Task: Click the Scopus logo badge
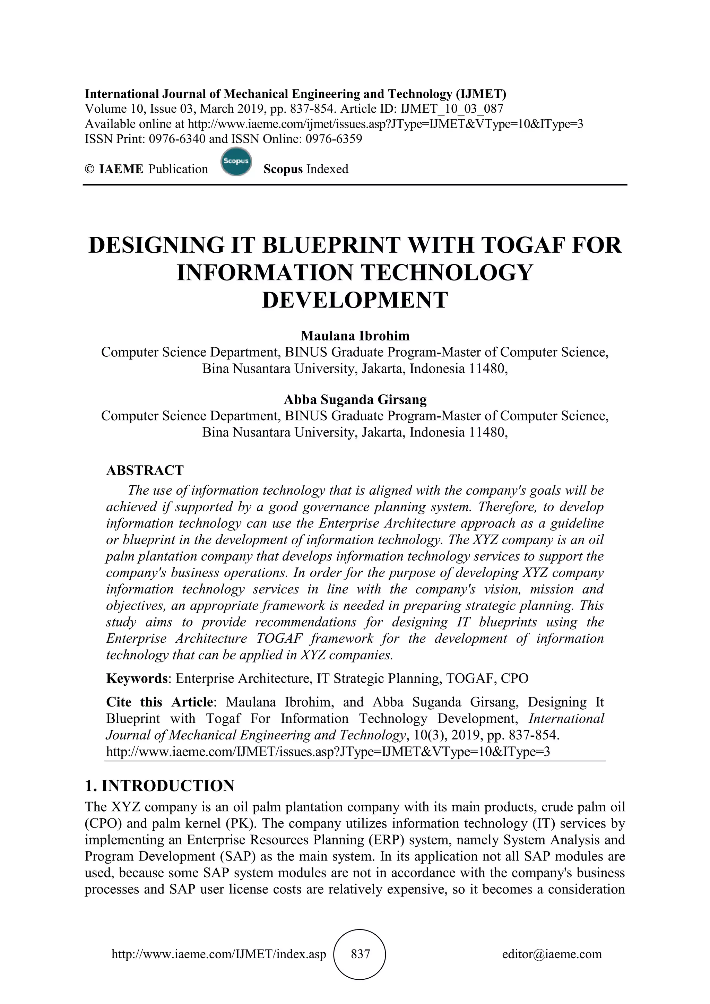236,162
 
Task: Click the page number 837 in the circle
360,954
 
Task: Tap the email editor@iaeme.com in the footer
552,954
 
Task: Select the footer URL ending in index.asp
219,954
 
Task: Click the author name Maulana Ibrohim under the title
355,336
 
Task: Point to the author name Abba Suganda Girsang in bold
355,399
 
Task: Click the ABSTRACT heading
145,470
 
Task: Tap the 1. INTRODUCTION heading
159,786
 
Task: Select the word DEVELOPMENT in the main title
355,300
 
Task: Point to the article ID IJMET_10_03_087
452,109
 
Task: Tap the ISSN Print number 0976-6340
177,139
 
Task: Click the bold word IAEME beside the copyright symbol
121,169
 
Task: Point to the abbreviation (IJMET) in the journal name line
481,94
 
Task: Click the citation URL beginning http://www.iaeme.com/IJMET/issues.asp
328,752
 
